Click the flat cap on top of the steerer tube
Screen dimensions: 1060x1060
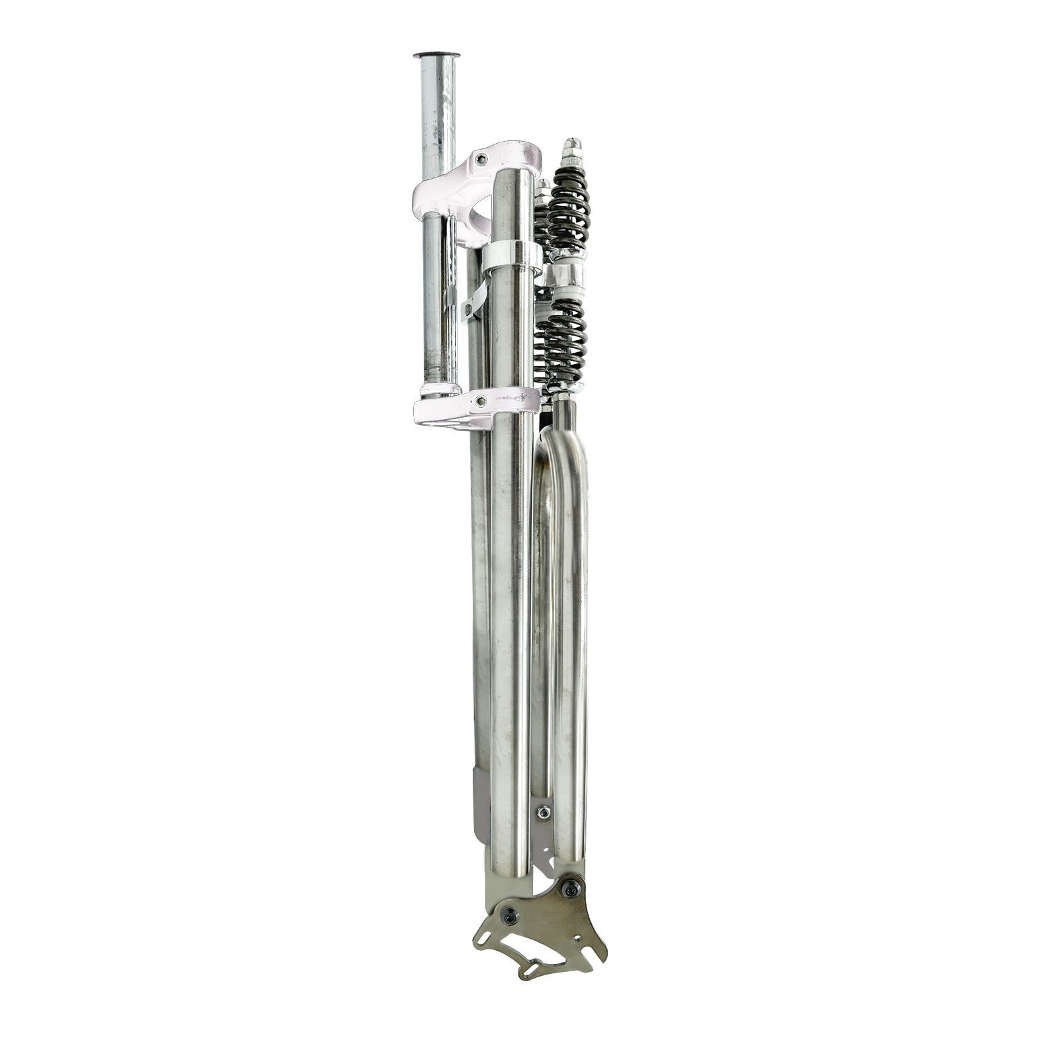click(438, 56)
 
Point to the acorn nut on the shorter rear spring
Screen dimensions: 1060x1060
click(543, 186)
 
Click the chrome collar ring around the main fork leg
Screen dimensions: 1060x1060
click(511, 260)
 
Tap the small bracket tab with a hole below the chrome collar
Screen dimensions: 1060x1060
click(471, 306)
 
